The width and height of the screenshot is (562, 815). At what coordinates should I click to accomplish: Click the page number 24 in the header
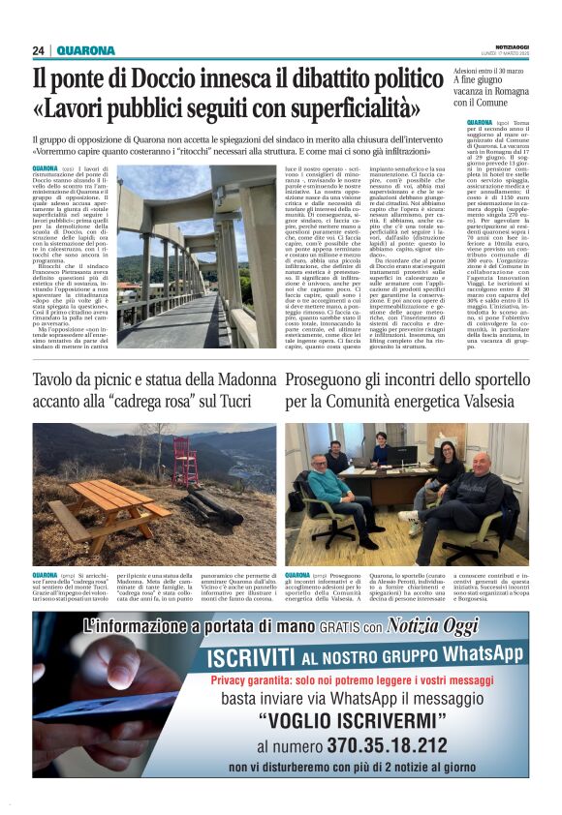coord(38,51)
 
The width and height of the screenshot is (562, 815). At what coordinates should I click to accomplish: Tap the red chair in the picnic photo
coord(184,461)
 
